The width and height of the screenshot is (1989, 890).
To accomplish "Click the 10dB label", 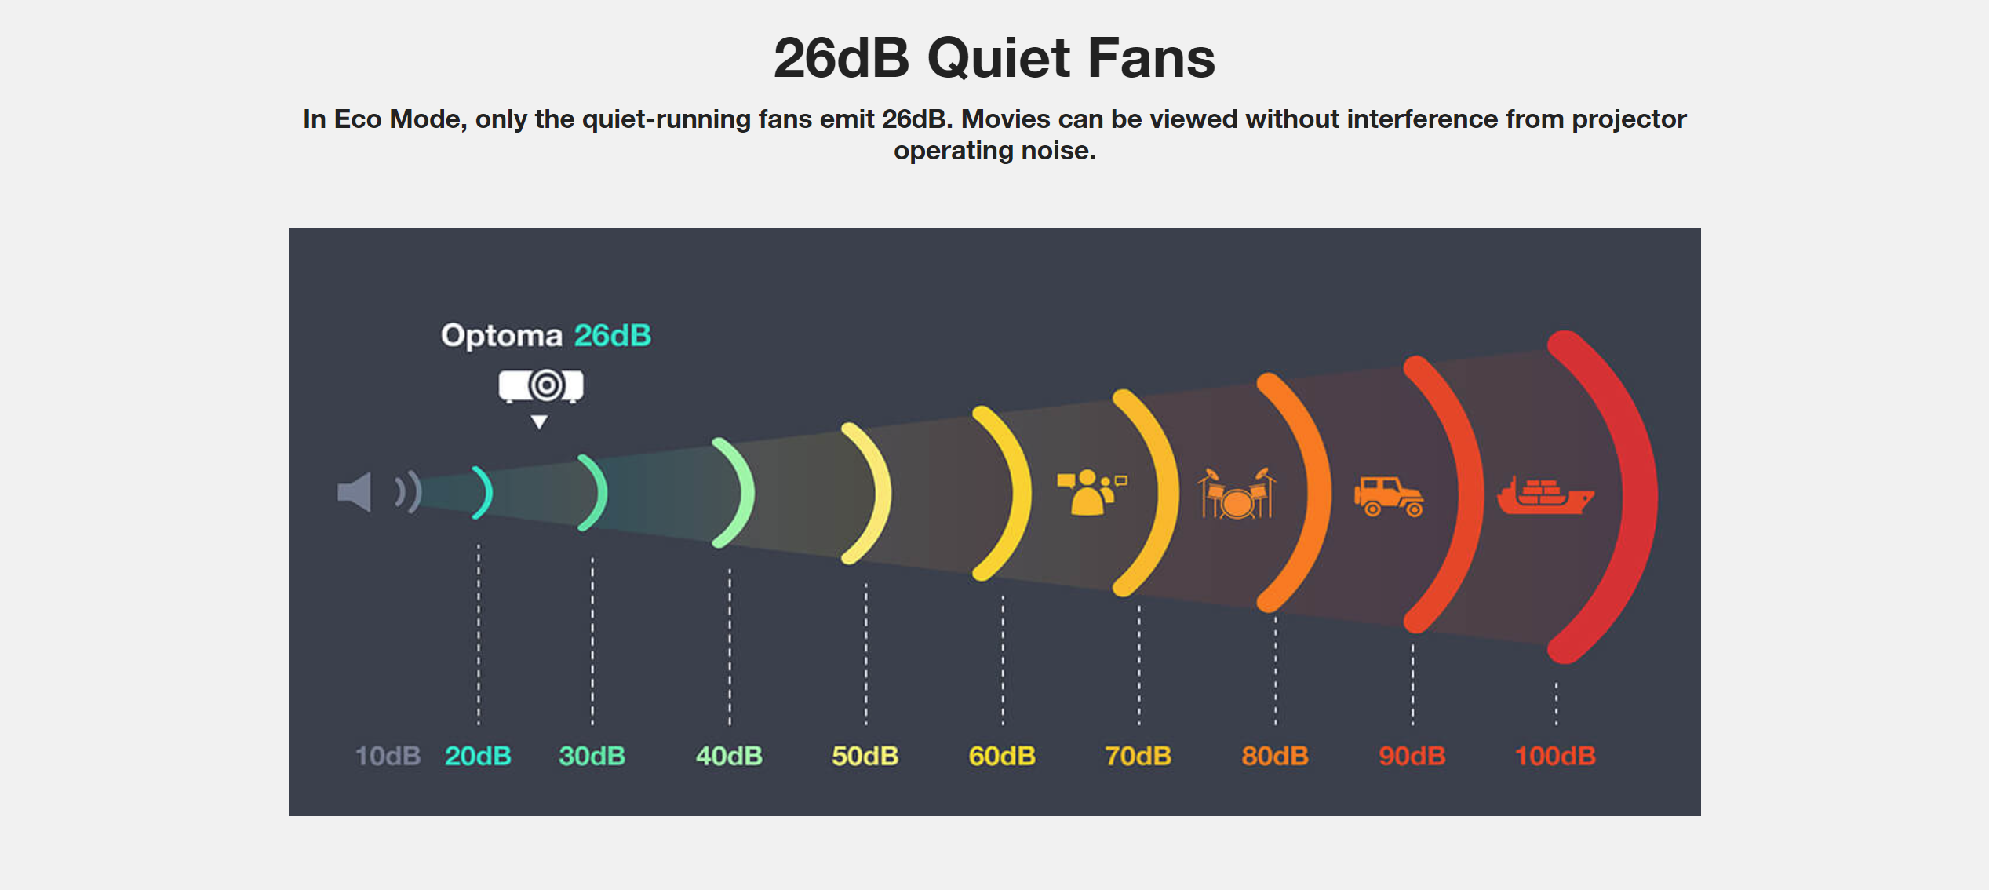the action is pyautogui.click(x=388, y=756).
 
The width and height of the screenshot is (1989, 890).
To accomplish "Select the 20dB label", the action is pyautogui.click(x=478, y=756).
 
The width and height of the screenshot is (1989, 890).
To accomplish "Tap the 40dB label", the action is pyautogui.click(x=729, y=756).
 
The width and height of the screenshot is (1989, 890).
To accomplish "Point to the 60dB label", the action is pyautogui.click(x=1002, y=756).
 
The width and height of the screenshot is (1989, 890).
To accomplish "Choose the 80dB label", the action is pyautogui.click(x=1275, y=756).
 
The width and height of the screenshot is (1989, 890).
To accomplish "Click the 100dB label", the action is pyautogui.click(x=1555, y=756).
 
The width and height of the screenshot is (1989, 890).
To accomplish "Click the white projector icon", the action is pyautogui.click(x=541, y=386).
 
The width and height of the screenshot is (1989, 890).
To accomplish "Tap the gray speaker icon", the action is pyautogui.click(x=354, y=492).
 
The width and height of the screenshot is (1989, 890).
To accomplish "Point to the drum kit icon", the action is pyautogui.click(x=1237, y=493).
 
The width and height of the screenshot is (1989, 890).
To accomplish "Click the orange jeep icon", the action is pyautogui.click(x=1389, y=496).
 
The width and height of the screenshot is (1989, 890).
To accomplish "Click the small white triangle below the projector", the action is pyautogui.click(x=539, y=421).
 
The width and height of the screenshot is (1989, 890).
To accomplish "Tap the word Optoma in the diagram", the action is pyautogui.click(x=502, y=336).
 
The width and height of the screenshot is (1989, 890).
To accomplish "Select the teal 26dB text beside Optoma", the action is pyautogui.click(x=613, y=335).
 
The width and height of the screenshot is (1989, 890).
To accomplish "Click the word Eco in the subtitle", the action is pyautogui.click(x=358, y=119).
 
